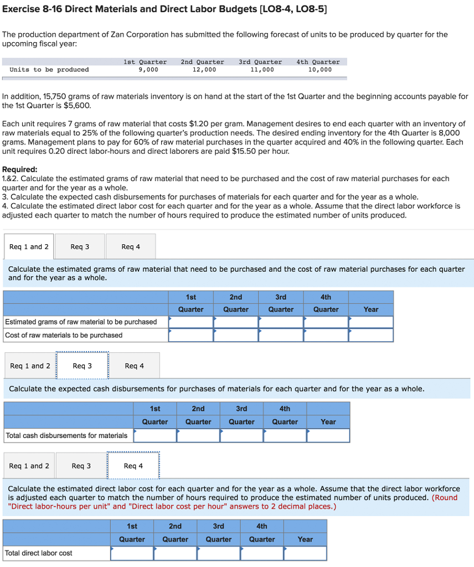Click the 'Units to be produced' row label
(49, 70)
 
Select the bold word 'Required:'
(20, 169)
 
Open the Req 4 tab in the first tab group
(131, 247)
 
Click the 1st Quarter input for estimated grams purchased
(191, 322)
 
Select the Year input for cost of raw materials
(371, 335)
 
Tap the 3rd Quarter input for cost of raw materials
(281, 335)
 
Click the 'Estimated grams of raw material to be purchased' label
(81, 322)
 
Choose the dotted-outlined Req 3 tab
(82, 366)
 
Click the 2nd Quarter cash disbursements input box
(198, 436)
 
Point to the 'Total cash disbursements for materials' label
(66, 436)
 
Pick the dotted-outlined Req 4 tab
(133, 466)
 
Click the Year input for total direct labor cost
(305, 553)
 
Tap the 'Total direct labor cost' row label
(39, 553)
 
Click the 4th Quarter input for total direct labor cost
(262, 553)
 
